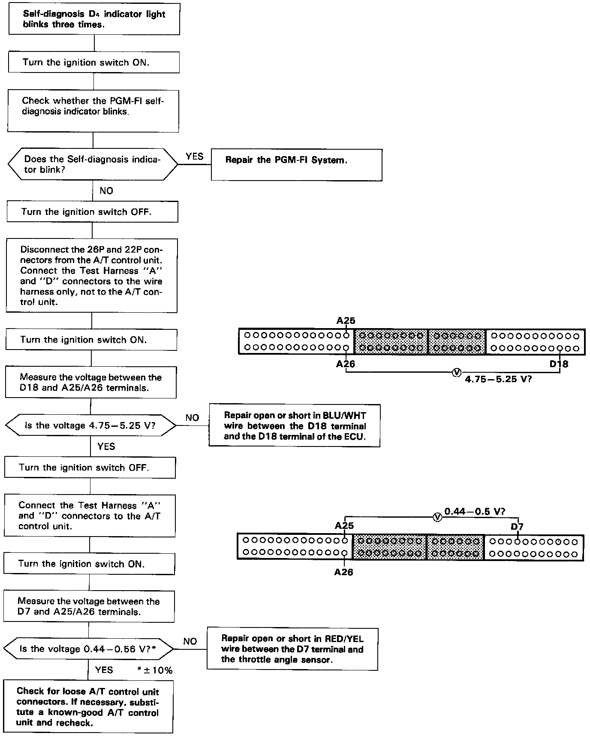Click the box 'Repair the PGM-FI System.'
[x=296, y=165]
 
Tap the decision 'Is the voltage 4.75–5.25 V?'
[x=90, y=425]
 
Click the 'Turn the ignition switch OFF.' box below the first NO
[x=92, y=212]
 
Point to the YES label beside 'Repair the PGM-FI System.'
[x=195, y=157]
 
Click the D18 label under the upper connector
[x=559, y=364]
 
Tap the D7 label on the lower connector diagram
[x=517, y=527]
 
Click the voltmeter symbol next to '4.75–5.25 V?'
[x=456, y=372]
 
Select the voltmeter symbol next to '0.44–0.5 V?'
[x=437, y=517]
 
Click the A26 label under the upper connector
[x=346, y=364]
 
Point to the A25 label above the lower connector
[x=344, y=526]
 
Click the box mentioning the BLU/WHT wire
[x=295, y=425]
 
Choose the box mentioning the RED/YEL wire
[x=292, y=649]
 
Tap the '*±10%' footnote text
[x=155, y=670]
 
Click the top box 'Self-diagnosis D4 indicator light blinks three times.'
[x=94, y=19]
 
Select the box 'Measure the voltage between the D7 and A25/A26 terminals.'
[x=89, y=606]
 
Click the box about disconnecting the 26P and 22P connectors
[x=92, y=275]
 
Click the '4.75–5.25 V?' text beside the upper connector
[x=498, y=380]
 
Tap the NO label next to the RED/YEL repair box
[x=190, y=641]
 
